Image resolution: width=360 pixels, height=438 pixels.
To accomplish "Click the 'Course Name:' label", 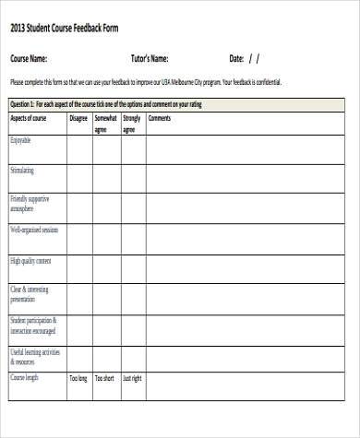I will pos(29,58).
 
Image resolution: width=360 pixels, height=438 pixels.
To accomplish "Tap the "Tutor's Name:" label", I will pos(150,58).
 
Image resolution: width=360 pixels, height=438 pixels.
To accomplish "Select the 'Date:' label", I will pos(236,58).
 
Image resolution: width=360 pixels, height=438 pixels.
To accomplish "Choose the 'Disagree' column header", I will pos(78,118).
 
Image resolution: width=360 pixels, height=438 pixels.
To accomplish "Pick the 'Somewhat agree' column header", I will pos(105,124).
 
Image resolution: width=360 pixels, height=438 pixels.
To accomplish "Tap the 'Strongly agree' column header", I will pos(132,124).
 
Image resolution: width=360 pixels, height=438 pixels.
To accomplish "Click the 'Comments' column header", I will pos(160,118).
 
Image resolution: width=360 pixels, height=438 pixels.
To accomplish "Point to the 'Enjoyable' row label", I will pos(21,140).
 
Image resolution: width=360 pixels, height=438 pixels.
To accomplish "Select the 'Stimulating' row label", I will pos(23,171).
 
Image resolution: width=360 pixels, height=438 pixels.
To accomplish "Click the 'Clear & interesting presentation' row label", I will pos(30,294).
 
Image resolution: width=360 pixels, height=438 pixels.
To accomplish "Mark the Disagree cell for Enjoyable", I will pos(78,150).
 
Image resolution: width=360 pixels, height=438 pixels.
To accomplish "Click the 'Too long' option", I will pos(78,378).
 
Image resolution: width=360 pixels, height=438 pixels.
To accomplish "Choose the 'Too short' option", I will pos(105,378).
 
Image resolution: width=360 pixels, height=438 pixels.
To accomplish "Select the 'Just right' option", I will pos(132,378).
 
